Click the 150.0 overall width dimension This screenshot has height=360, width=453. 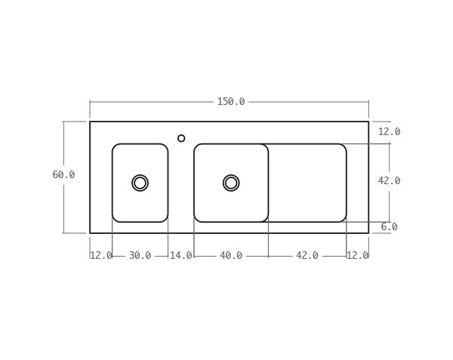pos(231,102)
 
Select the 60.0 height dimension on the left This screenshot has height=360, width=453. pos(63,175)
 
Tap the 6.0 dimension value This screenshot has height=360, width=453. pos(389,227)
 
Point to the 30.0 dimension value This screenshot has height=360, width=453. pos(140,256)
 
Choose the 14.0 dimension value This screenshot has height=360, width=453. pos(180,256)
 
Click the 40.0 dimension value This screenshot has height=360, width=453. pos(231,256)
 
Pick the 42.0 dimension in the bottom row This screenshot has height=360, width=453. pos(307,256)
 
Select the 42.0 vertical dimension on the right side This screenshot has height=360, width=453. pos(389,181)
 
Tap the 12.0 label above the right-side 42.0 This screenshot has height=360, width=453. pos(389,132)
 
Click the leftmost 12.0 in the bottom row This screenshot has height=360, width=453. pos(101,256)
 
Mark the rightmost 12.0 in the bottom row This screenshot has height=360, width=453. pos(357,256)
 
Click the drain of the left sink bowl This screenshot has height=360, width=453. pos(140,183)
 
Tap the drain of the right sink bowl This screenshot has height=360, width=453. pos(231,183)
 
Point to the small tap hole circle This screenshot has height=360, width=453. pos(181,138)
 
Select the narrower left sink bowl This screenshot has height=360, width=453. pos(140,162)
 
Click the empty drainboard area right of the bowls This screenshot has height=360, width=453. pos(307,183)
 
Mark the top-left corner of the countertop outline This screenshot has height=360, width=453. pos(90,122)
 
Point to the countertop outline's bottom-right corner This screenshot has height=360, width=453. pos(368,233)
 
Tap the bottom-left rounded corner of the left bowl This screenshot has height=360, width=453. pos(116,219)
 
